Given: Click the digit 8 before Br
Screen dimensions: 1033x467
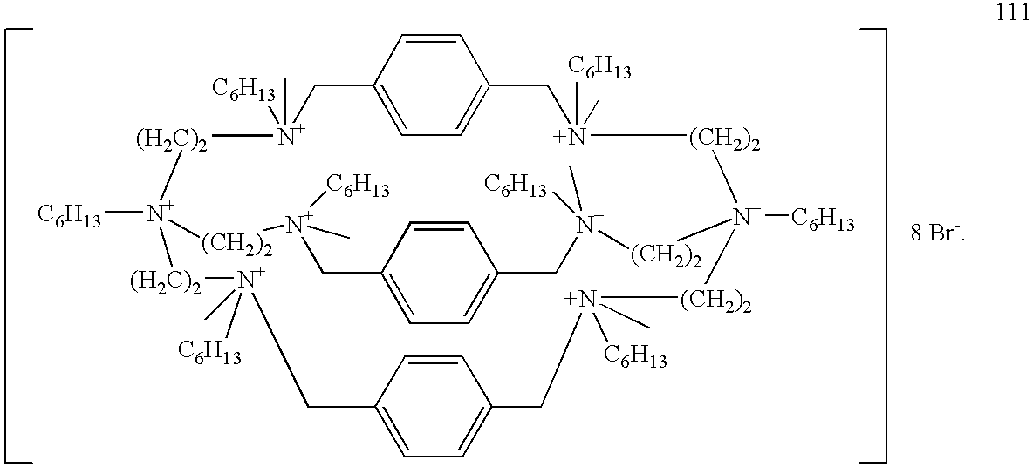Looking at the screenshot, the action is (916, 235).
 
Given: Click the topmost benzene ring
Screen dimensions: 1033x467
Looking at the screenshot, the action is (432, 85).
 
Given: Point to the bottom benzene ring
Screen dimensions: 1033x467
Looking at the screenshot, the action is (433, 408).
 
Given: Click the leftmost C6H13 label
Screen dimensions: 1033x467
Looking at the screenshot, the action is (69, 216).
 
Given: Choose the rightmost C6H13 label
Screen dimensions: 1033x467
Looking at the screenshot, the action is (822, 220).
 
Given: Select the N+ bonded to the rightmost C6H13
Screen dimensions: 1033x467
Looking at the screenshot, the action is (749, 216).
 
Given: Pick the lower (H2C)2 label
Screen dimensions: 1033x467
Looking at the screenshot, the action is (165, 284).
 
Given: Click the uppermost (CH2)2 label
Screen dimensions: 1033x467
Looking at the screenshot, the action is (724, 141).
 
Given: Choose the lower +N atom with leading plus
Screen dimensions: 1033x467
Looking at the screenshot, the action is (580, 301).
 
